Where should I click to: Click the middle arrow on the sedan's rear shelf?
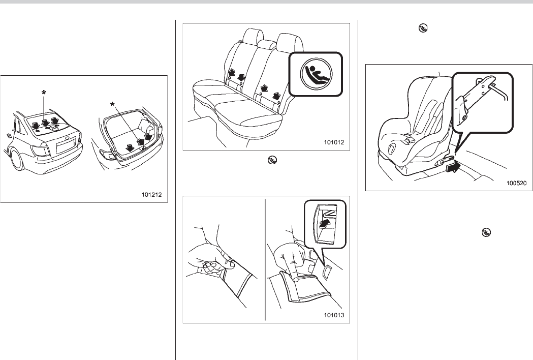[x=45, y=122]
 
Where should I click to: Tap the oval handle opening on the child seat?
[x=391, y=148]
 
